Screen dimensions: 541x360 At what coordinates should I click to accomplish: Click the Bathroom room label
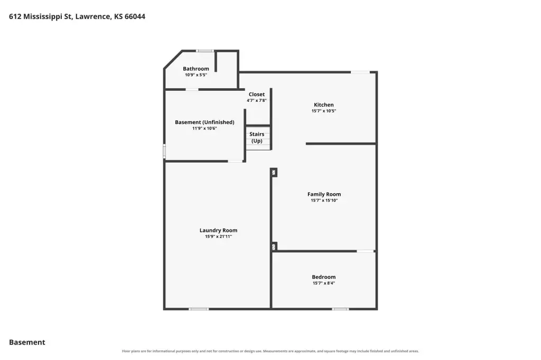coord(195,69)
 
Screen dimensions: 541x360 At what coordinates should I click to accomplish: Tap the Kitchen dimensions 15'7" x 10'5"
coord(324,111)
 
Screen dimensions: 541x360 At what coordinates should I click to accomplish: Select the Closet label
coord(257,94)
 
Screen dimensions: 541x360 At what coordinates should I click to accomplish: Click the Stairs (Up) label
coord(257,137)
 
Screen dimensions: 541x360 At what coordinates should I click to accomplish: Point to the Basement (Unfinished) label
coord(204,122)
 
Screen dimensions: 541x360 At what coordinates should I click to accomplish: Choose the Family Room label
coord(324,194)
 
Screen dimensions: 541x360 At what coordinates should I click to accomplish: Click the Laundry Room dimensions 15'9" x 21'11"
coord(218,236)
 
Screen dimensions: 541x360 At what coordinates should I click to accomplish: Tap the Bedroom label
coord(324,277)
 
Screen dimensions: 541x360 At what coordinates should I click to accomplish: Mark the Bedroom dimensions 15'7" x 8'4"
coord(324,283)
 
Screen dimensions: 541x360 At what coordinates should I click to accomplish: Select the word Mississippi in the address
coord(43,16)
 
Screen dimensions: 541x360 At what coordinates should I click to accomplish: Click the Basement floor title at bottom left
coord(27,342)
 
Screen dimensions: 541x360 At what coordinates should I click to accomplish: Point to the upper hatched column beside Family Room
coord(274,172)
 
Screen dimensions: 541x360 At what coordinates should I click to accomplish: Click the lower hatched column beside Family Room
coord(274,247)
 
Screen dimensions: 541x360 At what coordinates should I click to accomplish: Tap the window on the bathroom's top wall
coord(205,51)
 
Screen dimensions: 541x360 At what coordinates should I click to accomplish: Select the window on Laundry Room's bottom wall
coord(199,309)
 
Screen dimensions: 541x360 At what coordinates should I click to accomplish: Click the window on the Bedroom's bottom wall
coord(341,309)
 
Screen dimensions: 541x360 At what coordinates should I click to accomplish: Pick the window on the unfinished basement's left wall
coord(165,151)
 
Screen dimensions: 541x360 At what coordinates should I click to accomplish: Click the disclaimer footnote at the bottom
coord(270,351)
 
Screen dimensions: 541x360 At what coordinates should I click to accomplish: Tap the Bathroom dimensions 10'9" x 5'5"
coord(195,75)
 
